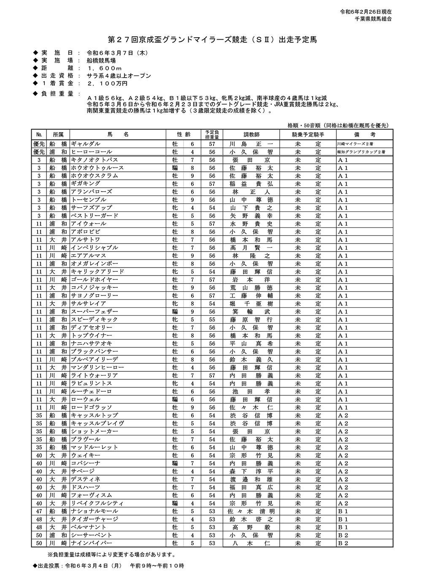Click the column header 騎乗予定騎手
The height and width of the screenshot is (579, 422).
pyautogui.click(x=308, y=135)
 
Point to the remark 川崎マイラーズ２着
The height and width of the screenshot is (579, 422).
pyautogui.click(x=354, y=143)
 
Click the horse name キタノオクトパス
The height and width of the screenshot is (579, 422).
pyautogui.click(x=94, y=160)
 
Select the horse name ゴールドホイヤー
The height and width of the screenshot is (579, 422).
pyautogui.click(x=94, y=279)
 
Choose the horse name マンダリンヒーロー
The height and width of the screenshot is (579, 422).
pyautogui.click(x=97, y=368)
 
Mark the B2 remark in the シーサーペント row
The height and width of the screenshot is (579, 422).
pyautogui.click(x=343, y=535)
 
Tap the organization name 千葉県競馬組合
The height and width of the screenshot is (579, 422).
pyautogui.click(x=373, y=19)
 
